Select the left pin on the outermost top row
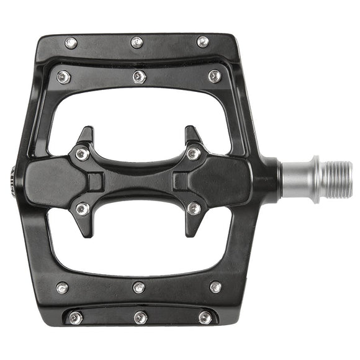click(x=71, y=43)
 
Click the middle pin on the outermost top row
click(x=137, y=42)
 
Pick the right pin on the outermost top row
click(x=203, y=42)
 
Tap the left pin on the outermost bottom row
click(x=75, y=318)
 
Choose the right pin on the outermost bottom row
click(x=205, y=317)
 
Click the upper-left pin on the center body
click(x=82, y=153)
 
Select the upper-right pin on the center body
click(x=194, y=153)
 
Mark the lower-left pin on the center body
click(x=82, y=209)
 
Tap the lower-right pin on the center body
click(x=194, y=209)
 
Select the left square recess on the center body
click(x=94, y=181)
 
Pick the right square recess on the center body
click(x=181, y=181)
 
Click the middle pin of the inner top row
click(x=140, y=77)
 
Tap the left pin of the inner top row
click(x=63, y=77)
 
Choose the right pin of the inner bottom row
click(x=215, y=287)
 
